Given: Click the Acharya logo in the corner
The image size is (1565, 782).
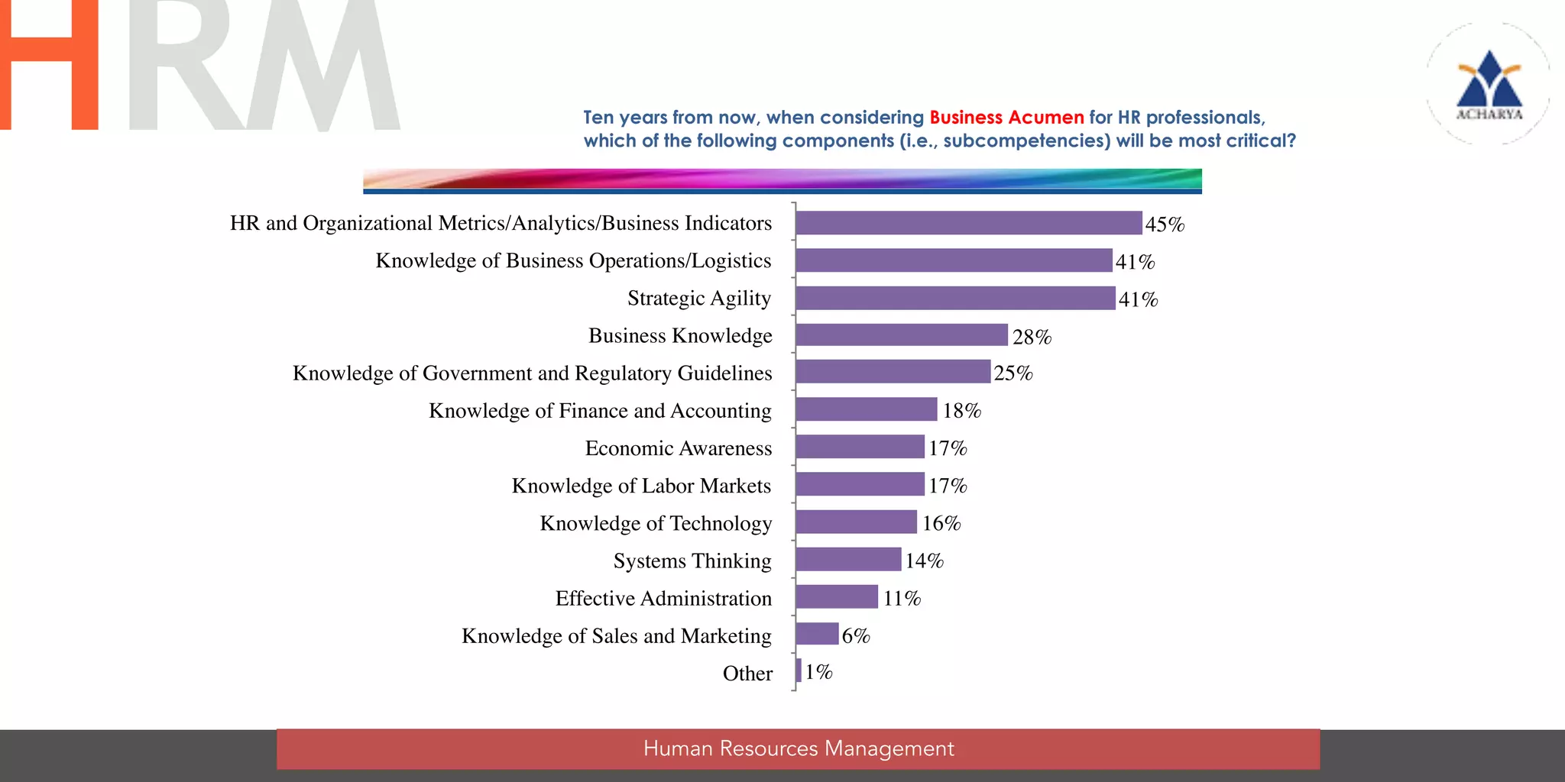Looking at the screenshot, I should click(x=1489, y=84).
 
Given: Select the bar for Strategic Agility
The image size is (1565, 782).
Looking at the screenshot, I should click(x=955, y=298).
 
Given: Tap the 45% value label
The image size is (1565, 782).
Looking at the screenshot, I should click(x=1165, y=225).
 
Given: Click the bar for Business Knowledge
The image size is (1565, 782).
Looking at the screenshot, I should click(x=902, y=335).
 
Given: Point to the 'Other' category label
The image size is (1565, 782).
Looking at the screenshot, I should click(x=747, y=674).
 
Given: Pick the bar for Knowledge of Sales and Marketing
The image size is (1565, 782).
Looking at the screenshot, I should click(x=817, y=634).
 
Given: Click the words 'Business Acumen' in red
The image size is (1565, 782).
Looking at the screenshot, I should click(x=1006, y=118).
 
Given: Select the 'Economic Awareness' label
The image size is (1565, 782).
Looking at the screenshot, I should click(x=679, y=448).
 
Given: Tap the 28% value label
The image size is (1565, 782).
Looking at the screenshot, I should click(x=1032, y=337).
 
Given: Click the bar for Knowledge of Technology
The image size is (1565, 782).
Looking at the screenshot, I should click(x=856, y=522).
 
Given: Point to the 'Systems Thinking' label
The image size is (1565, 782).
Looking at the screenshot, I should click(x=692, y=561).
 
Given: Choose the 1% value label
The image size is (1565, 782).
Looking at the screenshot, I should click(x=818, y=672).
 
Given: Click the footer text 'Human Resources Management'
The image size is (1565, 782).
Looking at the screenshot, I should click(x=799, y=748).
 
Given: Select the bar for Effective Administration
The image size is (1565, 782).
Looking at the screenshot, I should click(x=837, y=597).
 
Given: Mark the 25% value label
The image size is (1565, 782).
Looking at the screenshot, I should click(x=1013, y=373).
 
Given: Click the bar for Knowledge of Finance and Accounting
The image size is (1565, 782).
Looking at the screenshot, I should click(x=866, y=409).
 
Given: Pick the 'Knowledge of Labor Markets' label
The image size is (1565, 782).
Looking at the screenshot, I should click(x=641, y=486).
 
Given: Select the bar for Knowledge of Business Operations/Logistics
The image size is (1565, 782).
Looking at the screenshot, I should click(x=954, y=260).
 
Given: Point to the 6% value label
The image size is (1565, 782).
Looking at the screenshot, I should click(x=856, y=635).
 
